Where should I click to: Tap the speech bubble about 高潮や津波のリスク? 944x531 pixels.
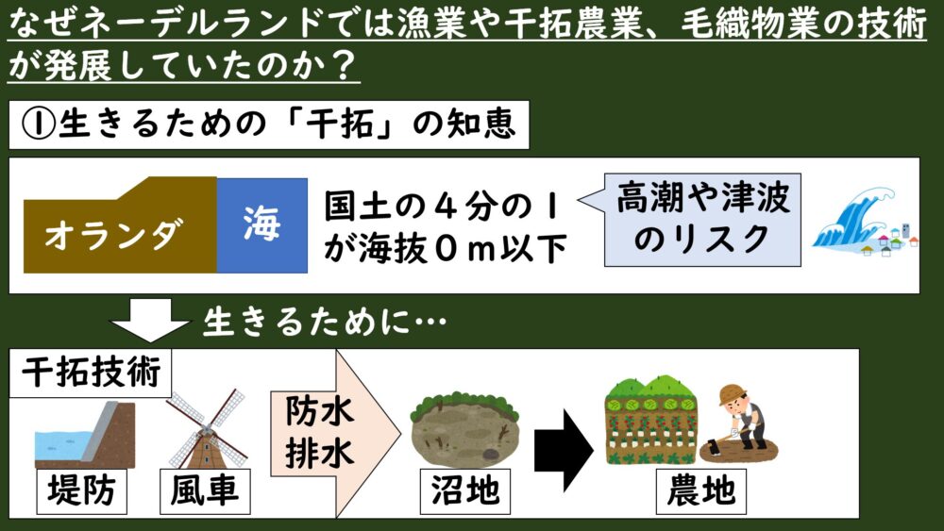(x=699, y=218)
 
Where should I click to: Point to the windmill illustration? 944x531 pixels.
(x=205, y=429)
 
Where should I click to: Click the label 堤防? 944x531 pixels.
(x=80, y=491)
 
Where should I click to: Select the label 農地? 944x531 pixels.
(x=700, y=491)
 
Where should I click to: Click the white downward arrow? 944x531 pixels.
(x=151, y=321)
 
